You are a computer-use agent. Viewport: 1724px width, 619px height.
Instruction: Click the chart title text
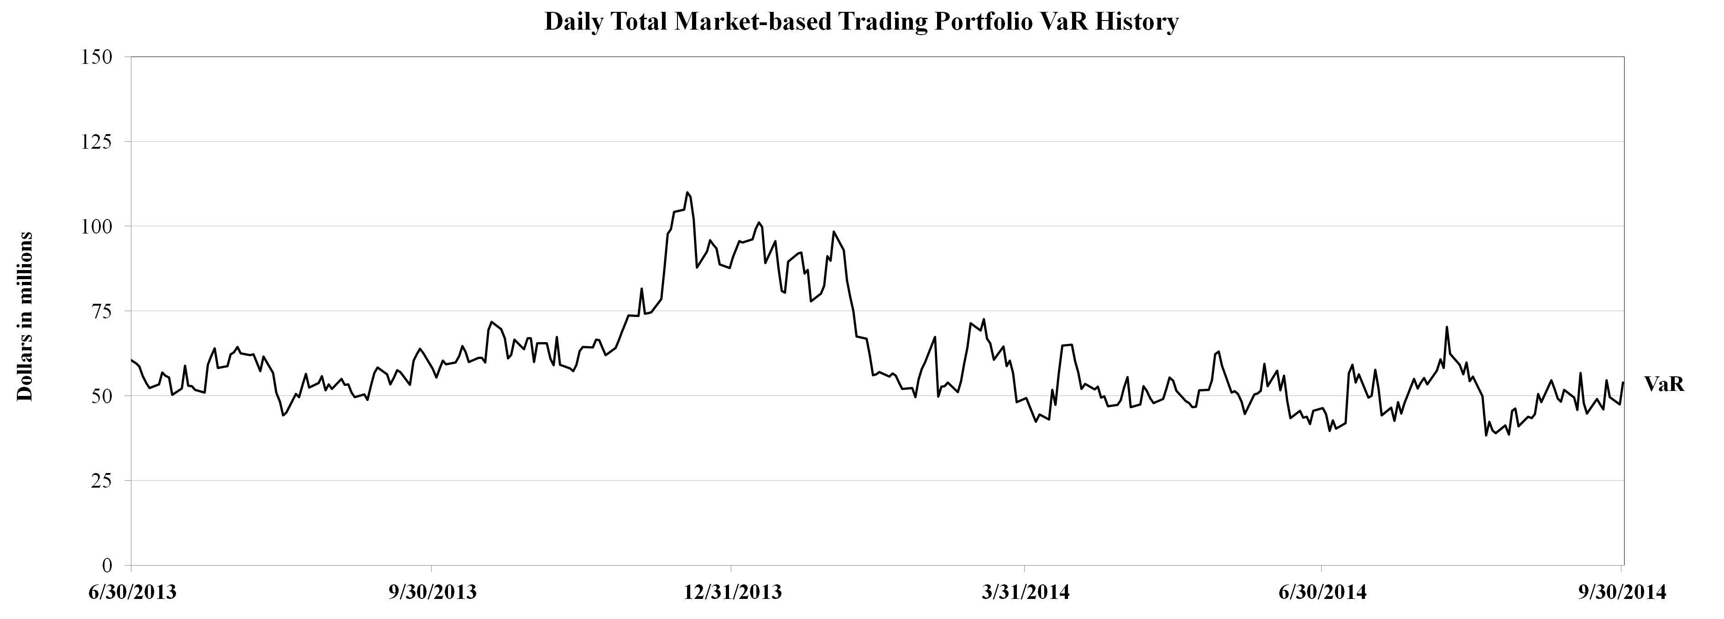(x=861, y=22)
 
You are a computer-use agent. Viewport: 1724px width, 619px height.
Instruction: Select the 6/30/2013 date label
(x=132, y=593)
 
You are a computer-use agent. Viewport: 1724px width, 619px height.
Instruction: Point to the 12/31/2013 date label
(x=731, y=593)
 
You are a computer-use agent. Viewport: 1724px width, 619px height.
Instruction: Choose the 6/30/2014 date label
(x=1321, y=593)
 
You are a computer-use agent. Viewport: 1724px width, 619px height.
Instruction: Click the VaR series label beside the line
(x=1664, y=384)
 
